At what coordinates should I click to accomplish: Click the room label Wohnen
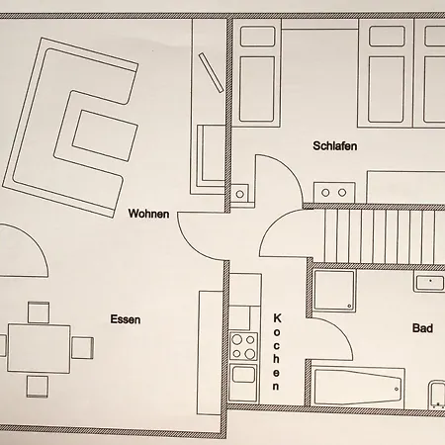(148, 214)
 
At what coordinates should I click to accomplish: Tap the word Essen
(126, 319)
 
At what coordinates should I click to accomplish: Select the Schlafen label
(335, 145)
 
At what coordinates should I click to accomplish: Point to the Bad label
(422, 328)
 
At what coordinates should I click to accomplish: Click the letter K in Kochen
(277, 318)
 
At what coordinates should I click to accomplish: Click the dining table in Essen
(39, 348)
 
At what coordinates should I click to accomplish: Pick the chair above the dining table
(39, 312)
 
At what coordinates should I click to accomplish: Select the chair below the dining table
(38, 386)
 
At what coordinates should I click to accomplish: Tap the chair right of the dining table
(82, 348)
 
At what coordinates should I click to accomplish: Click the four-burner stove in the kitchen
(243, 346)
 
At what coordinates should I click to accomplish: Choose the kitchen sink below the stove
(243, 376)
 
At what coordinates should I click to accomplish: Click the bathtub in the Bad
(358, 387)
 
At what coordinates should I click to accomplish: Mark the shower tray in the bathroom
(334, 291)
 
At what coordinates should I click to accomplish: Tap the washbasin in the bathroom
(430, 283)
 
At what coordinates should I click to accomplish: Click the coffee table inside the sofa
(105, 135)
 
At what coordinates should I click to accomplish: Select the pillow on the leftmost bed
(257, 37)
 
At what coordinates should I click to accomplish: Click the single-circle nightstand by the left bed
(240, 194)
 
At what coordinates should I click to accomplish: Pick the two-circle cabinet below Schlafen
(334, 192)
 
